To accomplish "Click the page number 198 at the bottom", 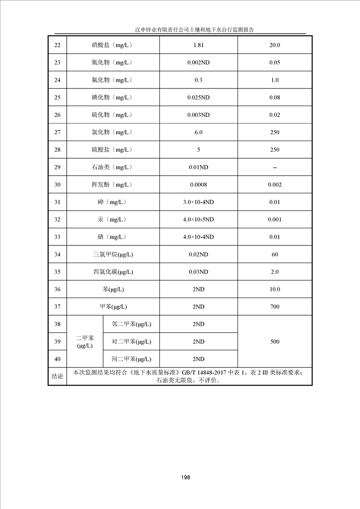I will pyautogui.click(x=185, y=478).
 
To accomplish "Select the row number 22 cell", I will pyautogui.click(x=57, y=45).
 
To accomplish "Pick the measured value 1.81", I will pyautogui.click(x=198, y=45).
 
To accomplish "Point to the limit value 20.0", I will pyautogui.click(x=275, y=45).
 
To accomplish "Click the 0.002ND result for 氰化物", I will pyautogui.click(x=198, y=63).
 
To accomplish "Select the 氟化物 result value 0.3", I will pyautogui.click(x=198, y=80).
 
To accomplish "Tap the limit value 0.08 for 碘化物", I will pyautogui.click(x=275, y=98).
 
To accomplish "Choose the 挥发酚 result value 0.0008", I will pyautogui.click(x=198, y=185).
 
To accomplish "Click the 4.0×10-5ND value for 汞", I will pyautogui.click(x=198, y=220).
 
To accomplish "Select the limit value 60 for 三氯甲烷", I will pyautogui.click(x=275, y=254).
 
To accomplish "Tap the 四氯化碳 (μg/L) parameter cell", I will pyautogui.click(x=113, y=272).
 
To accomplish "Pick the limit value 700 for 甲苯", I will pyautogui.click(x=275, y=307).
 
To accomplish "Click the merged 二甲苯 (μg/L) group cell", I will pyautogui.click(x=85, y=342).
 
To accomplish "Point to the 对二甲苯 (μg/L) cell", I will pyautogui.click(x=131, y=342).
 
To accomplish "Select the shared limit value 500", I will pyautogui.click(x=275, y=342).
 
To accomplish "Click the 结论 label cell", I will pyautogui.click(x=57, y=377).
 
